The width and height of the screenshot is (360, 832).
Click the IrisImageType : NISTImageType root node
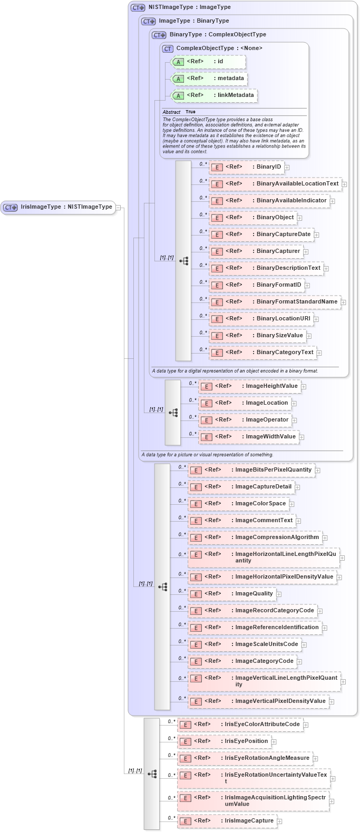58,207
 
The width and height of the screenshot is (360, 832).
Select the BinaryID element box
247,167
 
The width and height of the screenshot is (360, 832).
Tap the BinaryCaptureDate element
262,234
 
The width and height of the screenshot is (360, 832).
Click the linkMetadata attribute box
215,95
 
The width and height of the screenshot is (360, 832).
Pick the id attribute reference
209,62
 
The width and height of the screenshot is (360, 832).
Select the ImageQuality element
232,594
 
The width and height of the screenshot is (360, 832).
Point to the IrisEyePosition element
224,741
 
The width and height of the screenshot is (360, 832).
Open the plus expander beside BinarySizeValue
309,336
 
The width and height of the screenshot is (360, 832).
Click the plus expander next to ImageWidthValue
301,437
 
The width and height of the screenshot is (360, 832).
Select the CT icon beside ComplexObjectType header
168,48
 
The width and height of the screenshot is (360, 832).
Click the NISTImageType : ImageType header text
189,7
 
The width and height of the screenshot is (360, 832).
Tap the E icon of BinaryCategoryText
217,353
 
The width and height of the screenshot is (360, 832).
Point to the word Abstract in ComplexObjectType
171,112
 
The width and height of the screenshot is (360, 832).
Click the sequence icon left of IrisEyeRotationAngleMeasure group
152,774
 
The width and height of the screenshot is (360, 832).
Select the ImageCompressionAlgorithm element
255,537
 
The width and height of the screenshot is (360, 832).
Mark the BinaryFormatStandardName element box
275,302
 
